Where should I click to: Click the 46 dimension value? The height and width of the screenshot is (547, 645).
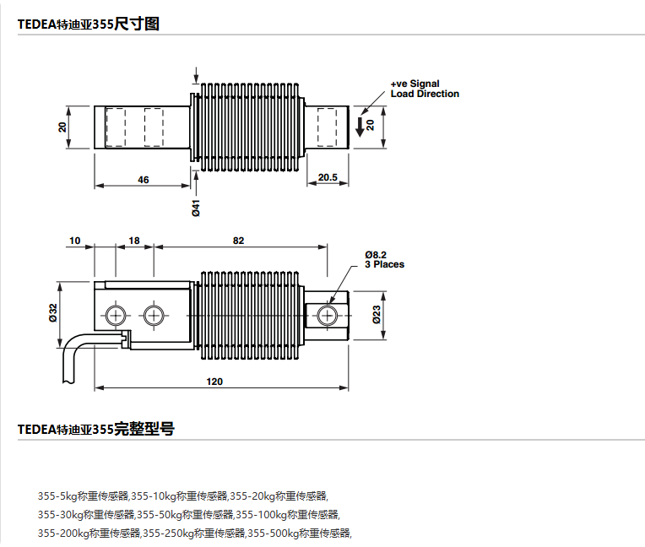(x=143, y=179)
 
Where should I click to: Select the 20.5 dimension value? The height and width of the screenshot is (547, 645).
(x=328, y=177)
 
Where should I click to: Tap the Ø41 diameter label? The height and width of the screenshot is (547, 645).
(x=196, y=208)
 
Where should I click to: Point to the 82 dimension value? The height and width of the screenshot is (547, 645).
(x=238, y=241)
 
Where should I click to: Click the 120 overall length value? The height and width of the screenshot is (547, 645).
(x=214, y=382)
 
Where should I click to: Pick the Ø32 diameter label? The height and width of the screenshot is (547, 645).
(x=53, y=314)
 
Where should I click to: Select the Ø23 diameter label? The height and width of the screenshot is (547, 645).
(x=377, y=316)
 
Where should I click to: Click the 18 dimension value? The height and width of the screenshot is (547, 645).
(x=133, y=241)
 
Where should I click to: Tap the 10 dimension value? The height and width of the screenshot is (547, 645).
(x=75, y=241)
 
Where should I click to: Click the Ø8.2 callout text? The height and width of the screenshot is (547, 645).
(x=376, y=254)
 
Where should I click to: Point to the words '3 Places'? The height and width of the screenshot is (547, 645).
(x=384, y=264)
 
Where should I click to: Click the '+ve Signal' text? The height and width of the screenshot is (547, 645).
(x=415, y=84)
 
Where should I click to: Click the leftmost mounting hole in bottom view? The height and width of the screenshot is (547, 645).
(x=116, y=316)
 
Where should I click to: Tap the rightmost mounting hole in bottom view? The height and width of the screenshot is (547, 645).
(x=328, y=316)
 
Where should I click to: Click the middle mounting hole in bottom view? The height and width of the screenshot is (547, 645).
(x=153, y=316)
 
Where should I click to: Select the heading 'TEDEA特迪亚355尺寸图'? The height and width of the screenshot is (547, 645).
(x=89, y=24)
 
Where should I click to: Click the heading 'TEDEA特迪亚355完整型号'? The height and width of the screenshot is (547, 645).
(x=95, y=429)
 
